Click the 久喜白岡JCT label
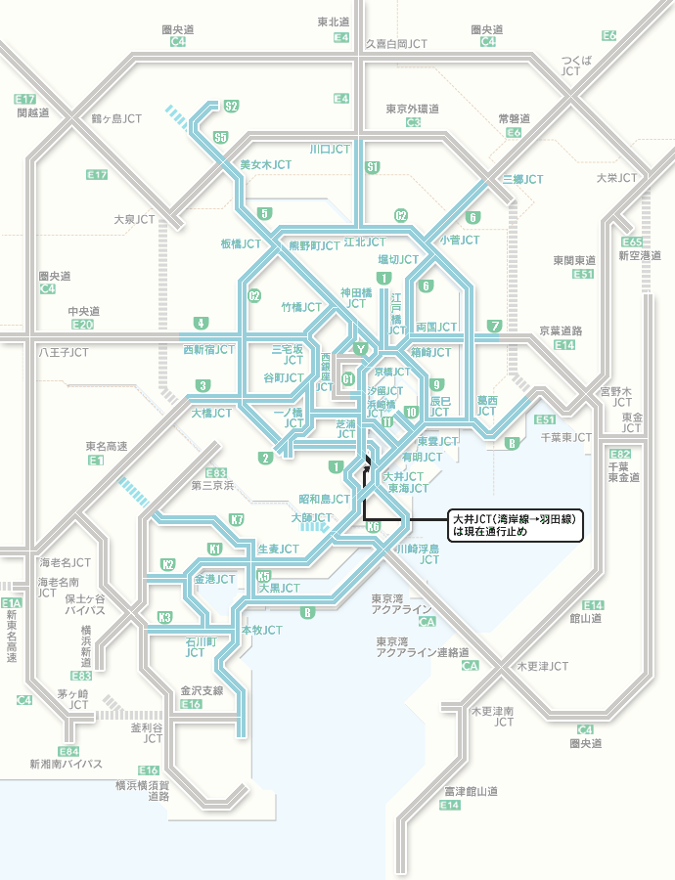pyautogui.click(x=396, y=44)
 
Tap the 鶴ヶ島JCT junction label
pyautogui.click(x=116, y=118)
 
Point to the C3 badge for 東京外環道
pyautogui.click(x=413, y=122)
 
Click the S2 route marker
pyautogui.click(x=231, y=106)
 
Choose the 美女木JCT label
pyautogui.click(x=266, y=164)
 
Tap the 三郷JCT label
pyautogui.click(x=522, y=180)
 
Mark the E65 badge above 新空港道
pyautogui.click(x=632, y=242)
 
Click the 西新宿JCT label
pyautogui.click(x=208, y=349)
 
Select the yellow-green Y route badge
pyautogui.click(x=361, y=349)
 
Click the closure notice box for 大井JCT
pyautogui.click(x=515, y=525)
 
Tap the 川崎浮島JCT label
pyautogui.click(x=417, y=555)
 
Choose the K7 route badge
pyautogui.click(x=237, y=519)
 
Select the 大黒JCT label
pyautogui.click(x=279, y=589)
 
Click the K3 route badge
pyautogui.click(x=165, y=617)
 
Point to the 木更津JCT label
pyautogui.click(x=542, y=667)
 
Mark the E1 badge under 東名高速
pyautogui.click(x=96, y=460)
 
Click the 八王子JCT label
pyautogui.click(x=64, y=350)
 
